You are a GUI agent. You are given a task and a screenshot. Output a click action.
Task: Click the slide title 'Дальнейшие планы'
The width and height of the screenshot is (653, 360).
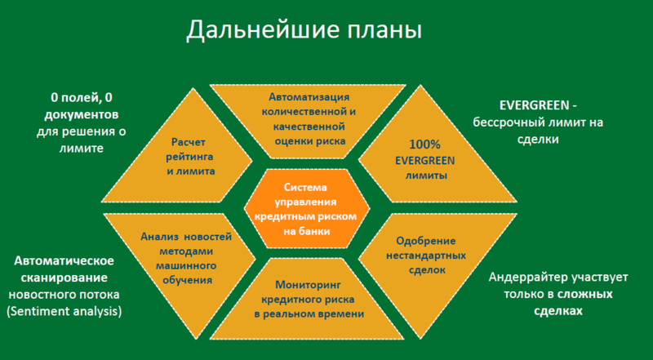[304, 32]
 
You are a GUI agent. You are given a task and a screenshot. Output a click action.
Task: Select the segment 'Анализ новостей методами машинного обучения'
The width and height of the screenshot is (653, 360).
[181, 257]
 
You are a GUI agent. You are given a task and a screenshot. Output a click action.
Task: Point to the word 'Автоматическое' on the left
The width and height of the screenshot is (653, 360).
[64, 260]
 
